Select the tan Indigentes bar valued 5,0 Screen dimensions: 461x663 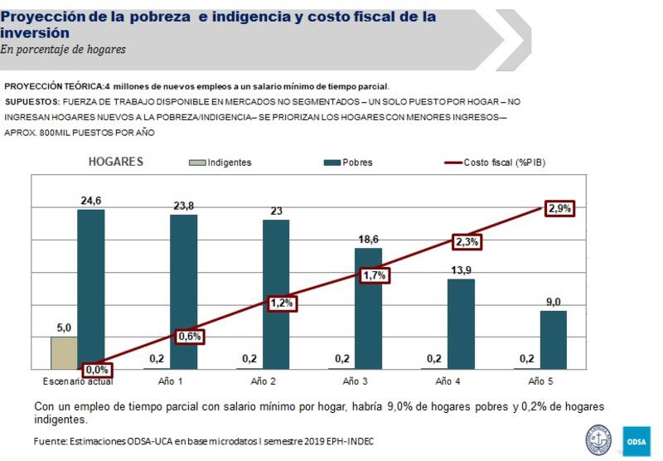(x=64, y=352)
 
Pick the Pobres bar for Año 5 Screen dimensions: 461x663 (x=554, y=339)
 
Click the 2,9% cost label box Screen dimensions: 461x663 (x=559, y=209)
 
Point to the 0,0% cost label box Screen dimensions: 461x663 (x=97, y=370)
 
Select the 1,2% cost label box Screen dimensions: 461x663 (x=282, y=303)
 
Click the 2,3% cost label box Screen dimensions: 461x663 (x=467, y=242)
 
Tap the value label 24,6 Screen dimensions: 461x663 (x=91, y=201)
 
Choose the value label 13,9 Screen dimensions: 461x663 (x=461, y=270)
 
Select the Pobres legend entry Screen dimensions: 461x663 (x=348, y=163)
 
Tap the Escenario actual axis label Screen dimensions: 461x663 (x=78, y=381)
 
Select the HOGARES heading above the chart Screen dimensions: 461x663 (x=116, y=162)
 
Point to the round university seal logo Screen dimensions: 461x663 (x=598, y=439)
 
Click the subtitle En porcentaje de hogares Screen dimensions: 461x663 (x=63, y=50)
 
